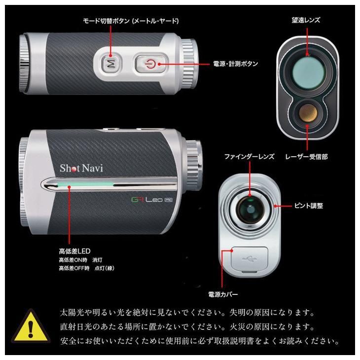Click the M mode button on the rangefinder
point(111,64)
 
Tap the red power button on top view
point(151,64)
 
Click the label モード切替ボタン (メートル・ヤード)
point(130,21)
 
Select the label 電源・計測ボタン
point(235,64)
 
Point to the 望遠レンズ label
point(306,20)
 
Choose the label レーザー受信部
point(306,157)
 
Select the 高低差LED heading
point(74,251)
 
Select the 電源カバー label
point(224,294)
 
